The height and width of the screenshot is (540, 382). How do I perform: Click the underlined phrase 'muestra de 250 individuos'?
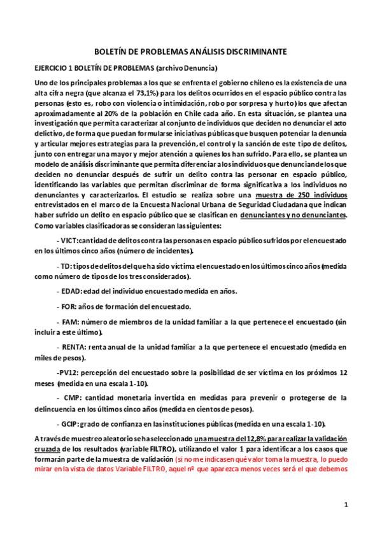296,194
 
